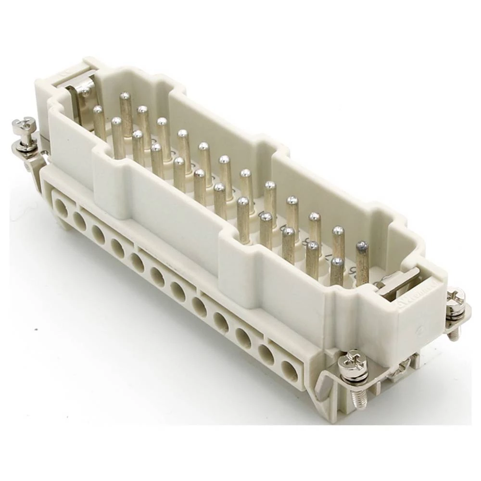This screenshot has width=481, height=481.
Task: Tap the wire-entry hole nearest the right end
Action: [289, 371]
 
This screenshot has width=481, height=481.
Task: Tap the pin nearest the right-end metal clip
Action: [362, 262]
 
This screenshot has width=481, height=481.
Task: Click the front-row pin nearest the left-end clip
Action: [99, 123]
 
